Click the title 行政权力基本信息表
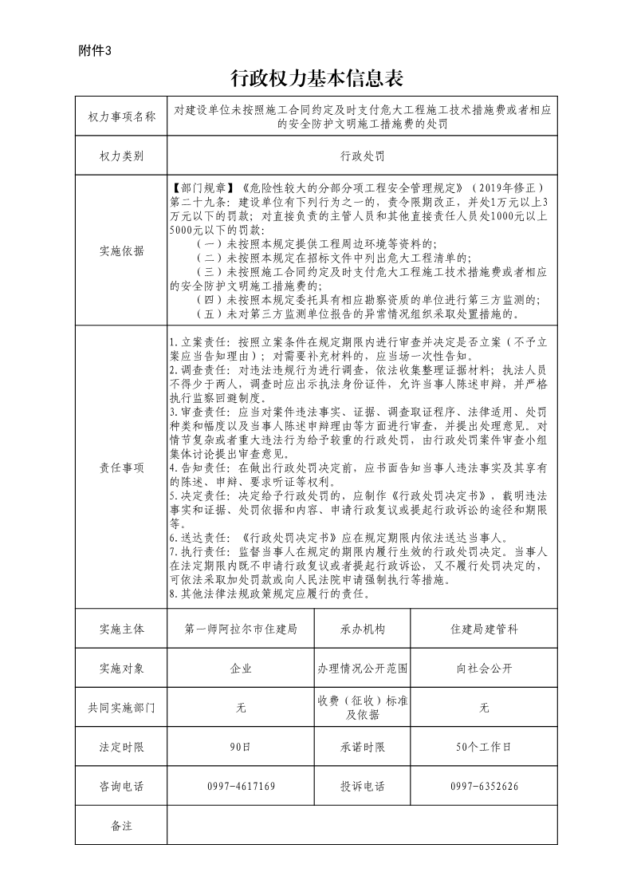tap(316, 78)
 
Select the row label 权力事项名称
tap(122, 116)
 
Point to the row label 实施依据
tap(122, 251)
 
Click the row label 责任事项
tap(122, 468)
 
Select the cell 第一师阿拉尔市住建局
tap(241, 629)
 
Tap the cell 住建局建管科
tap(484, 629)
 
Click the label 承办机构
tap(362, 629)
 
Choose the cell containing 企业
tap(241, 669)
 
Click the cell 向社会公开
tap(484, 669)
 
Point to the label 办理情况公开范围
tap(362, 669)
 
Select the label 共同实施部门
tap(122, 708)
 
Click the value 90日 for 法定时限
tap(241, 748)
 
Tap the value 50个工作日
tap(484, 748)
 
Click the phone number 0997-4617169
tap(241, 787)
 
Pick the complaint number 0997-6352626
tap(484, 787)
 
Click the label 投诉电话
tap(362, 787)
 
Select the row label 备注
tap(122, 826)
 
